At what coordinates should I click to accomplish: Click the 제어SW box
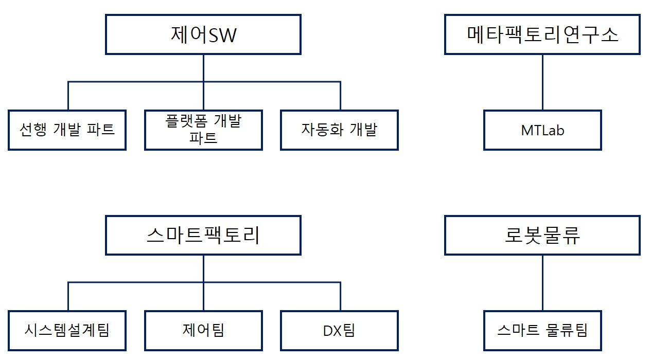[203, 34]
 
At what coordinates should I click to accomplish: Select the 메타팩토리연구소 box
[542, 34]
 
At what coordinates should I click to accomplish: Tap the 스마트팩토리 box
[203, 235]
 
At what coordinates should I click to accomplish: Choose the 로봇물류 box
[542, 235]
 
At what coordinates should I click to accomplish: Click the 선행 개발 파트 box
[67, 130]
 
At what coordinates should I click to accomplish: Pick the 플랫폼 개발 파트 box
[203, 130]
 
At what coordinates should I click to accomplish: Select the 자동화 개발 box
[339, 130]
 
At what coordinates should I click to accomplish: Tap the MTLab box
[542, 130]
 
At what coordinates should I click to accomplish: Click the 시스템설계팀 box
[67, 330]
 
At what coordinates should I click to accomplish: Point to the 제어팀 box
[203, 330]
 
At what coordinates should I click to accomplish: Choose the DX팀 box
[339, 330]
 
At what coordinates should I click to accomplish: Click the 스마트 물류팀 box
[542, 330]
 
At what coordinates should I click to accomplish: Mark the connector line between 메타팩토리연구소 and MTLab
[542, 82]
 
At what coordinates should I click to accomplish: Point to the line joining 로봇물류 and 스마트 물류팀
[542, 283]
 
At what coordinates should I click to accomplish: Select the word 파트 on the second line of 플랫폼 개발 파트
[203, 138]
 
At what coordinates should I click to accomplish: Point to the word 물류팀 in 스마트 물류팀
[566, 330]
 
